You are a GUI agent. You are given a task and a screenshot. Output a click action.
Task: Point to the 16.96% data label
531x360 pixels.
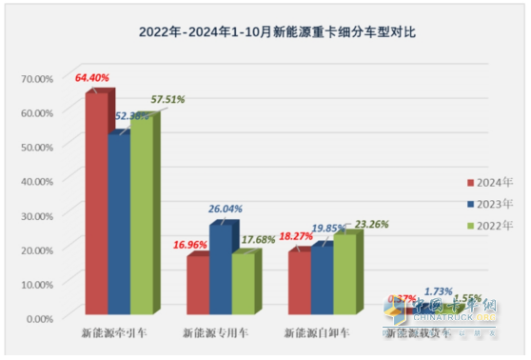pyautogui.click(x=192, y=243)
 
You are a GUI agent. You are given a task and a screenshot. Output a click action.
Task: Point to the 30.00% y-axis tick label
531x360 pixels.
pyautogui.click(x=32, y=215)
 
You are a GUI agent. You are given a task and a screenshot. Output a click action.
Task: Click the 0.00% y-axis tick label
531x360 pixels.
pyautogui.click(x=34, y=317)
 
